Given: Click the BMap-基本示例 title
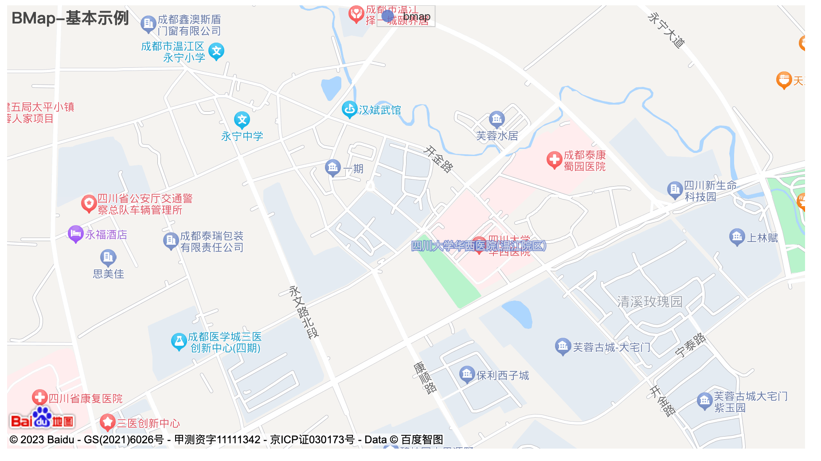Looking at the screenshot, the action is pos(70,18).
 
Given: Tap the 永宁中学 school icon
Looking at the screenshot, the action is pos(242,119).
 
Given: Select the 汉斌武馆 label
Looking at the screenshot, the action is pos(379,110).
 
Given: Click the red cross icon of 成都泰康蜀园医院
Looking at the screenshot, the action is pos(554,160).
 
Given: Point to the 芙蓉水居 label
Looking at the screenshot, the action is pos(497,136).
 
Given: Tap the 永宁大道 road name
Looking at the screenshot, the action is pos(666,30).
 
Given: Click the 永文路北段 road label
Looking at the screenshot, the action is pos(304,312).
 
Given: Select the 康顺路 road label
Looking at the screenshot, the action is pos(425,378).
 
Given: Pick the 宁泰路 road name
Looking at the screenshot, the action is pos(690,345).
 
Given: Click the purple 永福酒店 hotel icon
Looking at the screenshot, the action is pos(75,234).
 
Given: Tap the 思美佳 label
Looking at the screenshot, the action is pos(108,274).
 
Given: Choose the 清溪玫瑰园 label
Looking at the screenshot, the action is pos(649,302).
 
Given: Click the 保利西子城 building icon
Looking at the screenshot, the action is pos(467,374).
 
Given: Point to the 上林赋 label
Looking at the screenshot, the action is pos(762,238).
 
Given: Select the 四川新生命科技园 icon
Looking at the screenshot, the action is pos(675,190).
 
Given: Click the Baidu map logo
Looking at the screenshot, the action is pos(42,418).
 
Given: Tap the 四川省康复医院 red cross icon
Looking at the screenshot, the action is pos(40,397).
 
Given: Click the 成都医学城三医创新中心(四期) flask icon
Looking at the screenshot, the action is pos(179,341).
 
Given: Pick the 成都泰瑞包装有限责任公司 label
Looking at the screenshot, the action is pos(211,242).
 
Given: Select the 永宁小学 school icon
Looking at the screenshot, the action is pos(216,51).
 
